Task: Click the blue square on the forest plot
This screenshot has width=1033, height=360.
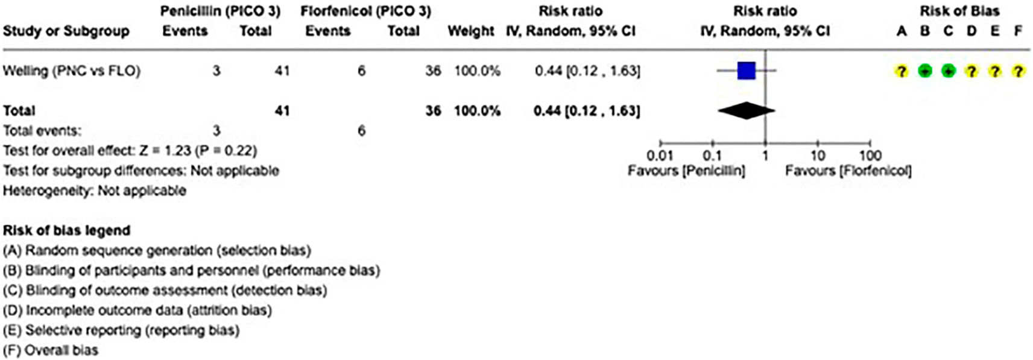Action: click(x=746, y=71)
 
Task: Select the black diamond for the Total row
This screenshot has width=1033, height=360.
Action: click(x=746, y=110)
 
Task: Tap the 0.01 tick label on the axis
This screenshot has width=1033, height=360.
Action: click(x=660, y=156)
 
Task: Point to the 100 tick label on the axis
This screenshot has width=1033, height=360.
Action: click(x=870, y=156)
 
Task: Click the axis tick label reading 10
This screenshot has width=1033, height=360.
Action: click(x=818, y=156)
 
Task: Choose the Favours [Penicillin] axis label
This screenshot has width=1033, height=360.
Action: click(x=686, y=171)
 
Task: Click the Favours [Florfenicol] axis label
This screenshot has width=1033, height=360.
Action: click(x=848, y=171)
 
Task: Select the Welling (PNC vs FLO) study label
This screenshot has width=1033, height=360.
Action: click(x=72, y=71)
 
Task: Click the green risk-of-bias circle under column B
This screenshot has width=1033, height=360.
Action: click(x=924, y=71)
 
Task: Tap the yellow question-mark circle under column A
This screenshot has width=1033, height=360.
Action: click(x=901, y=71)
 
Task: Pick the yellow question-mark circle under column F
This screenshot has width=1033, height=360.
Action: click(x=1019, y=71)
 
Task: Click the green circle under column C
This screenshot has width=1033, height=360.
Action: click(x=948, y=71)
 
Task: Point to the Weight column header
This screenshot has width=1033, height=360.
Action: click(x=471, y=31)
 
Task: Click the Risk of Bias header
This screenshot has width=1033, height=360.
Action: click(x=959, y=11)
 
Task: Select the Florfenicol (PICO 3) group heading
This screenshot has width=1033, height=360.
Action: click(x=365, y=11)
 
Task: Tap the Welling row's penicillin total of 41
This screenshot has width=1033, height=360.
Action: click(x=282, y=71)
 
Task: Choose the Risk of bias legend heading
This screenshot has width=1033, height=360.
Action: click(x=67, y=230)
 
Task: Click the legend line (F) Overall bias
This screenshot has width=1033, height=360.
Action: click(x=51, y=350)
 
